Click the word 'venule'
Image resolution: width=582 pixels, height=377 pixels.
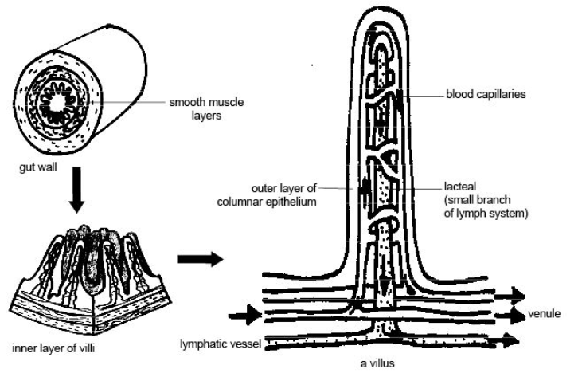[x=544, y=313]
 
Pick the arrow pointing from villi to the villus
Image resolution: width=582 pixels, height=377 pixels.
[x=196, y=260]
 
